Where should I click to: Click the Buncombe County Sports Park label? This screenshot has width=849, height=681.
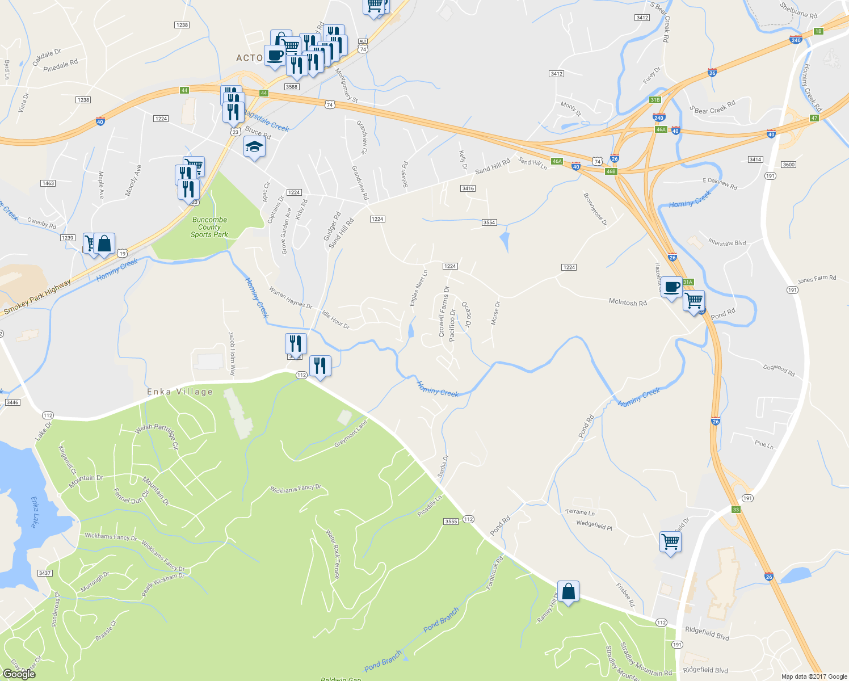tap(209, 227)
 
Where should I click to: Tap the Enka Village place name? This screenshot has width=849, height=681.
tap(180, 392)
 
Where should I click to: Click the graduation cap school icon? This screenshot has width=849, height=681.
tap(254, 147)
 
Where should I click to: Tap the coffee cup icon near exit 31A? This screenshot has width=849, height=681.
tap(671, 287)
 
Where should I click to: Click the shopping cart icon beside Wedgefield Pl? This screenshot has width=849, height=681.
tap(670, 541)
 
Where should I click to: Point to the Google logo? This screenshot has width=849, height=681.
tap(19, 674)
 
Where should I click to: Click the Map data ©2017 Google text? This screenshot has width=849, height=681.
tap(814, 676)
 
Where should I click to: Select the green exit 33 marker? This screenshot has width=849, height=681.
tap(736, 510)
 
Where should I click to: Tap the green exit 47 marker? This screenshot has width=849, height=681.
tap(814, 118)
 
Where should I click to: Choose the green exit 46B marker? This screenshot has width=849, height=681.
tap(611, 171)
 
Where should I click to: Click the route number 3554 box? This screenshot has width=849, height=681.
tap(489, 222)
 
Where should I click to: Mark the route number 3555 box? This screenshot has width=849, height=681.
tap(451, 521)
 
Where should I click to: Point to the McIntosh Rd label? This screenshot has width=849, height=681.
tap(628, 302)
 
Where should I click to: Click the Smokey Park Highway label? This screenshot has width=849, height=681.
tap(37, 297)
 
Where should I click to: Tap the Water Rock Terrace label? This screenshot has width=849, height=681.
tap(333, 554)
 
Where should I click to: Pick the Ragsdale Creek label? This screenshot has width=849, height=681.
tap(267, 121)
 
